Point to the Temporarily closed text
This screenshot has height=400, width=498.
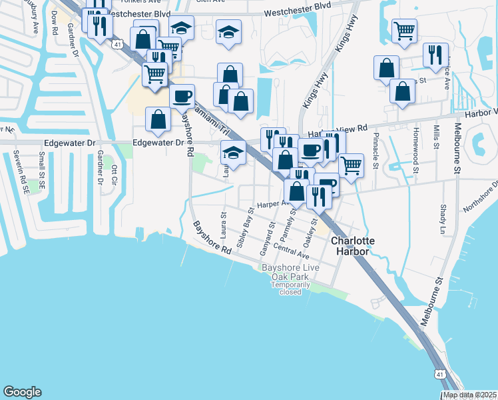click(290, 288)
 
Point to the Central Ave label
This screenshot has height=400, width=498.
click(292, 253)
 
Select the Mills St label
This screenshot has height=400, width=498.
click(436, 136)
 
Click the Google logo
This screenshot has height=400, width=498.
click(22, 392)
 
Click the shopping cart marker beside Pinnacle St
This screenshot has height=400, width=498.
click(351, 164)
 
